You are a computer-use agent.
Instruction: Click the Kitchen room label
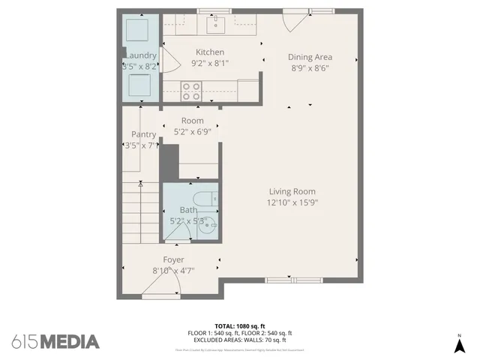coord(210,52)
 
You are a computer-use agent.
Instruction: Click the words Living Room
coord(291,191)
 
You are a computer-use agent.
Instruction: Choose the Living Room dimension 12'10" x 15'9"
coord(291,202)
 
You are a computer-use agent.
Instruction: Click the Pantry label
coord(142,135)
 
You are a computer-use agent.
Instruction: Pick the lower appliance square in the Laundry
coord(140,86)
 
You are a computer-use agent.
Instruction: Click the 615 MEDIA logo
coord(55,341)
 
